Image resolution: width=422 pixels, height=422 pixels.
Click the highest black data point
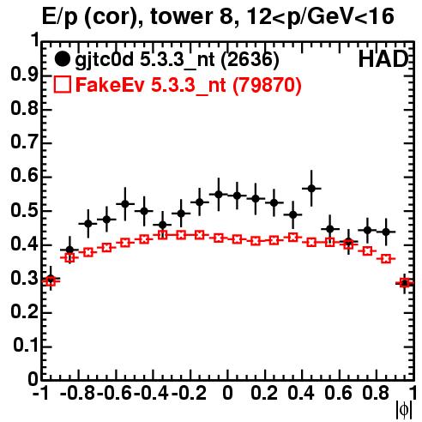311,189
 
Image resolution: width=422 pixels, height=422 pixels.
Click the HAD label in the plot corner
383,59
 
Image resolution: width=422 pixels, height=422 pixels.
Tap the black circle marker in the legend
62,59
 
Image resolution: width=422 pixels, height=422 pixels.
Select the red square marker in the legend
62,84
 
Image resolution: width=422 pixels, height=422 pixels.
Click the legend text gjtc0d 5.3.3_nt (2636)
177,60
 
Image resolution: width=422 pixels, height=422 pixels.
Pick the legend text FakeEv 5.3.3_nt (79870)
189,85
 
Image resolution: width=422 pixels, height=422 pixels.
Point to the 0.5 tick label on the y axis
24,211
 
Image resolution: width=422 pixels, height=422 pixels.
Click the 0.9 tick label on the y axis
24,75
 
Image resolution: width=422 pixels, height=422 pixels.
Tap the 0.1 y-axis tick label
25,346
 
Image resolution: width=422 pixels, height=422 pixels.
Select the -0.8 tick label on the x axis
78,393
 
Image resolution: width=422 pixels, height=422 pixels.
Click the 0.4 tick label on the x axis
301,393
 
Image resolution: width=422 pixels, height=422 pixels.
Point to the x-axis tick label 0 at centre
227,393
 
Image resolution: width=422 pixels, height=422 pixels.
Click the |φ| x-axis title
404,410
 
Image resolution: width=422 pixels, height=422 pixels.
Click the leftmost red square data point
51,281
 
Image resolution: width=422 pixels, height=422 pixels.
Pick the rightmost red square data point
405,283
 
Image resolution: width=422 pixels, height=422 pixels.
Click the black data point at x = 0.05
237,196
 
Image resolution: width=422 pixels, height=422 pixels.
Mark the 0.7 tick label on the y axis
24,142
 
